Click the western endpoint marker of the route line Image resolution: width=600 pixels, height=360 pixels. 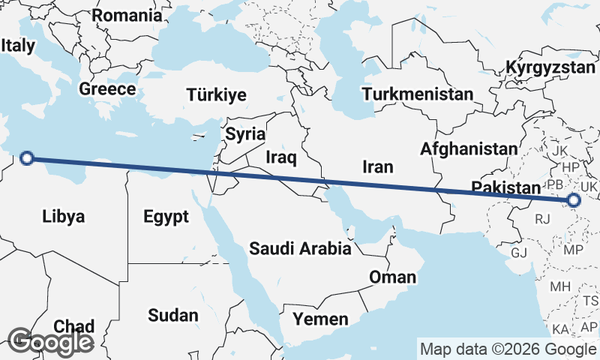tap(27, 157)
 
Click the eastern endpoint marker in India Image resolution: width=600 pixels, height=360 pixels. tap(574, 200)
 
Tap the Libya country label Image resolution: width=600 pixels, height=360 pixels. tap(63, 217)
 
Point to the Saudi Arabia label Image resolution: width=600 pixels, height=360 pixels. tap(300, 247)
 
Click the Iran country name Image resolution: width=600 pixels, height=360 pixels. tap(377, 166)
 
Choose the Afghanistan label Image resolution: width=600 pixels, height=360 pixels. tap(469, 148)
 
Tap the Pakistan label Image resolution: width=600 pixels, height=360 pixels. tap(506, 187)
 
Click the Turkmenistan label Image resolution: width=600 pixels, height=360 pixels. tap(417, 94)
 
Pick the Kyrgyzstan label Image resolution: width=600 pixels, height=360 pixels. tap(550, 67)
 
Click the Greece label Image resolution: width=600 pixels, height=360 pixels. tap(107, 88)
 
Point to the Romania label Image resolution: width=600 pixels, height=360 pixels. tap(127, 15)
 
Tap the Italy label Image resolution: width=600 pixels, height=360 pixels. tap(18, 45)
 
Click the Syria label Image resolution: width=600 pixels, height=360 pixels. tap(245, 135)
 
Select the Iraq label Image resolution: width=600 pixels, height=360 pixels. tap(282, 157)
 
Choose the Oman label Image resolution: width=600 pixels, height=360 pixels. tap(392, 277)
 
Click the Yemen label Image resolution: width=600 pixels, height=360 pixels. tap(320, 319)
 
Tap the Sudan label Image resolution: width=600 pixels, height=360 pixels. tap(173, 315)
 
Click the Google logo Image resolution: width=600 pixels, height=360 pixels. tap(50, 342)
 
